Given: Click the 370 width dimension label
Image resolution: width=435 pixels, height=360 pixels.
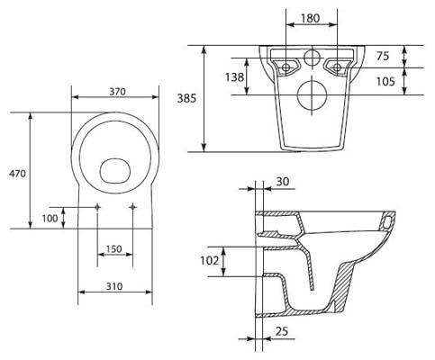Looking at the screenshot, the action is coord(117,92).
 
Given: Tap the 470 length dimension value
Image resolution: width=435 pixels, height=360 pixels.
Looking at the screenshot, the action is coord(17,174).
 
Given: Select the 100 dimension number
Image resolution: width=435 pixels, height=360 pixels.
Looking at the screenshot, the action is coord(50,219).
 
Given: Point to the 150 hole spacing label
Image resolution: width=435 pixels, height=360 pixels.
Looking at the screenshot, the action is coord(114,249).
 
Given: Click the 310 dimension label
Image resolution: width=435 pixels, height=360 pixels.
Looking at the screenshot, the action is coord(114,286).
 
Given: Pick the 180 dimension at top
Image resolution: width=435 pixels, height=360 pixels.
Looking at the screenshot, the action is coord(310,18).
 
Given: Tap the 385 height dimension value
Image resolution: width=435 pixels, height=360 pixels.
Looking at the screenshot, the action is coord(186,98).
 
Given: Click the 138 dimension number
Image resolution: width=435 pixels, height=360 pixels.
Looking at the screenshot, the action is coord(234,77).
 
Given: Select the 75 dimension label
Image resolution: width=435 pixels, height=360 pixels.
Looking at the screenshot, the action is coord(383,56).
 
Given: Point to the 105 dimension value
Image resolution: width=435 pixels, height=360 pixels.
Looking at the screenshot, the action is coord(385,81).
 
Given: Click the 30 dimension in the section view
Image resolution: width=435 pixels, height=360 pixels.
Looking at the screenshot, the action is coord(283,182).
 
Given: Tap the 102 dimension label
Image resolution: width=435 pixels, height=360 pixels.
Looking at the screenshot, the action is coord(210,261).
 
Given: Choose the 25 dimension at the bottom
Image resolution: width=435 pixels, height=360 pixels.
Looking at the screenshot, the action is coord(282,331).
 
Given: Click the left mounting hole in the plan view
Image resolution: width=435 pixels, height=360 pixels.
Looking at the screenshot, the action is coord(97,207).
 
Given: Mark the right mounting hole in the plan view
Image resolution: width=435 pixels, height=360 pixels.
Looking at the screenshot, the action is coord(133,207).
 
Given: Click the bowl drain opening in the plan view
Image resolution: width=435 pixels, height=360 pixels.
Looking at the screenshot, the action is coord(115,171).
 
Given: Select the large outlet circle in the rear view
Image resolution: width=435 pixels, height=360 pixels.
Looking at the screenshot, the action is coord(312,94).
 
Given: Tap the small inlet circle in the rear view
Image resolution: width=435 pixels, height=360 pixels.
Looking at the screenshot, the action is coord(313,58).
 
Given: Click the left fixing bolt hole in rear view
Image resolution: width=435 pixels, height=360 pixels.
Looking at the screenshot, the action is coord(286,67).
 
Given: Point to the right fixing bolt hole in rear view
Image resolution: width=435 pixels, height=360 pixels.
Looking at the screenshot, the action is coord(338,67).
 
